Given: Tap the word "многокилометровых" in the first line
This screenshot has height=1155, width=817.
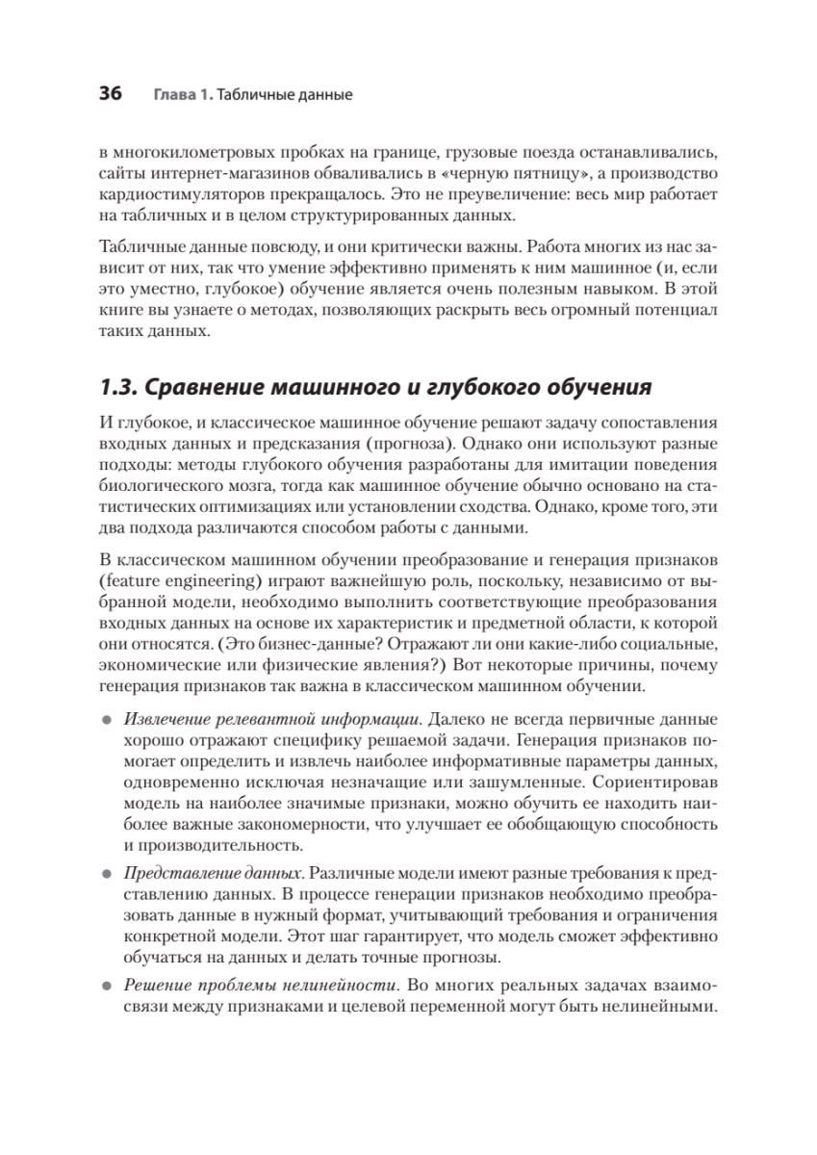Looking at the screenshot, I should point(191,153).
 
